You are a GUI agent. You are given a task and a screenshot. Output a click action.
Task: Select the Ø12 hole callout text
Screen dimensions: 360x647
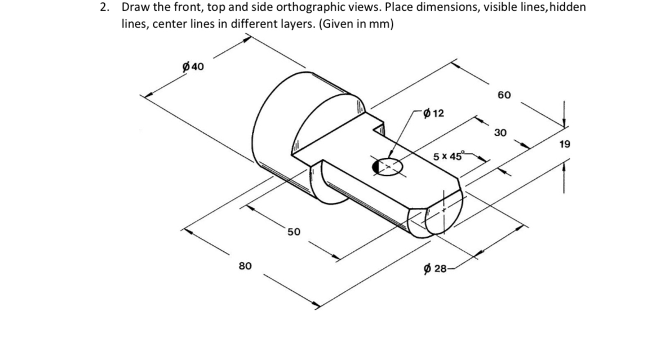pyautogui.click(x=433, y=113)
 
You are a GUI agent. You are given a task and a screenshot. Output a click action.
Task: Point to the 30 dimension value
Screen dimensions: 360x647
pyautogui.click(x=500, y=132)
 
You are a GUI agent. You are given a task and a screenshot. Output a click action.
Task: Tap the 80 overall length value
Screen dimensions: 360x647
pyautogui.click(x=245, y=265)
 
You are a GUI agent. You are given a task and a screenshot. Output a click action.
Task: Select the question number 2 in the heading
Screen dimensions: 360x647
pyautogui.click(x=104, y=8)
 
